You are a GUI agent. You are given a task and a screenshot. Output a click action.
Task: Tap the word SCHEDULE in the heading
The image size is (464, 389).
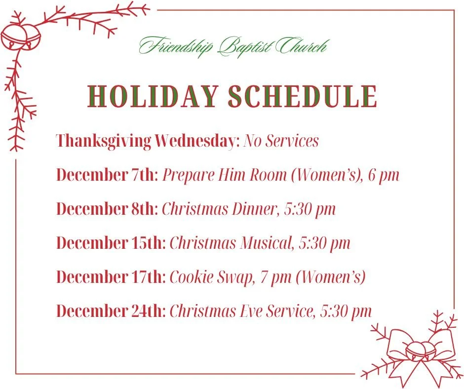click(x=303, y=96)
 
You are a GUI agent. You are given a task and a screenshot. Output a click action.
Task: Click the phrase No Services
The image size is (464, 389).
click(x=281, y=141)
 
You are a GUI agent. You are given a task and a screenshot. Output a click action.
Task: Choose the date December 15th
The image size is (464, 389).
click(x=111, y=243)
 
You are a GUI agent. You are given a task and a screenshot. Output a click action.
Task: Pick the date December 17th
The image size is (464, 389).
click(x=111, y=277)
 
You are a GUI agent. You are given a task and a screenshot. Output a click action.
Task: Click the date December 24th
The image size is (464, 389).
click(x=111, y=311)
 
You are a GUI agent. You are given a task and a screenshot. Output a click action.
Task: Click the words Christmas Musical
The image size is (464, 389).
click(x=230, y=243)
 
